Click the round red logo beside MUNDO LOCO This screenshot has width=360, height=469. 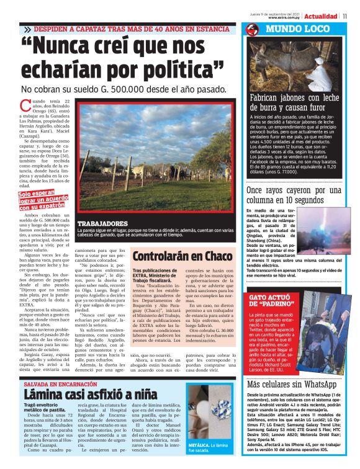click(x=252, y=30)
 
